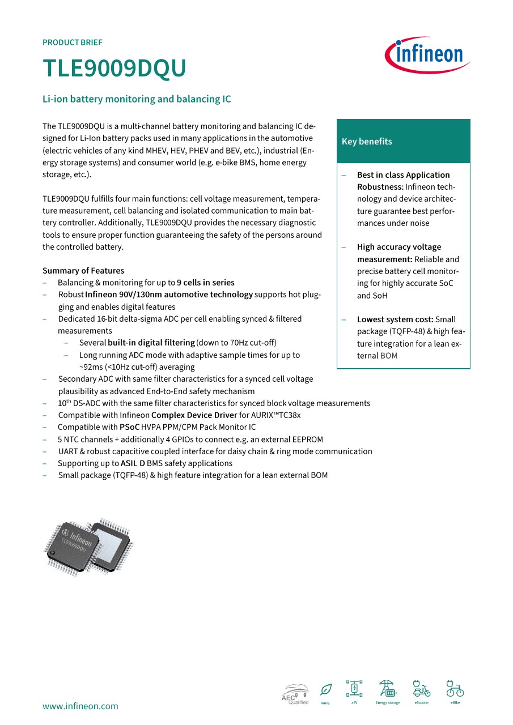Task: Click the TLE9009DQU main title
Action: pyautogui.click(x=115, y=69)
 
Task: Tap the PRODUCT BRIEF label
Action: pyautogui.click(x=73, y=42)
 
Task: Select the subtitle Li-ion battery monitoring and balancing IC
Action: pyautogui.click(x=137, y=99)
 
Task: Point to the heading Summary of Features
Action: pyautogui.click(x=83, y=271)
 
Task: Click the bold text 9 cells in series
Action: pyautogui.click(x=205, y=283)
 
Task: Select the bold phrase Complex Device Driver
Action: pyautogui.click(x=194, y=415)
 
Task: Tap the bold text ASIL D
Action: pyautogui.click(x=133, y=463)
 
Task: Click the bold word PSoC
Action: pyautogui.click(x=129, y=427)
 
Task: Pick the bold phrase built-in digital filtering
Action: pyautogui.click(x=151, y=343)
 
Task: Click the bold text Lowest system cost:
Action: pyautogui.click(x=395, y=319)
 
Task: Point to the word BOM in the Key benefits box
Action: pyautogui.click(x=389, y=356)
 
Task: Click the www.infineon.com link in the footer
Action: pyautogui.click(x=80, y=706)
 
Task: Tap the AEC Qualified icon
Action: pyautogui.click(x=295, y=694)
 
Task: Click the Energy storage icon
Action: pyautogui.click(x=388, y=689)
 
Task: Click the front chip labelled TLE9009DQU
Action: pyautogui.click(x=73, y=543)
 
